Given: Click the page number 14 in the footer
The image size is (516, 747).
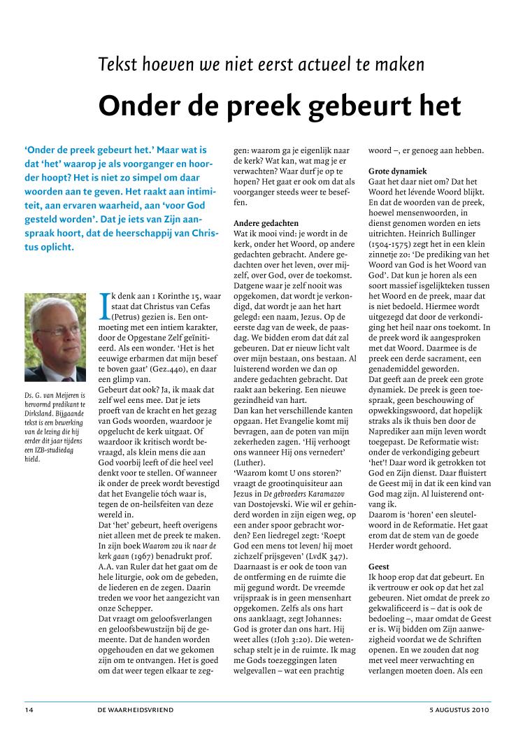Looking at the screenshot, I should pos(29,710).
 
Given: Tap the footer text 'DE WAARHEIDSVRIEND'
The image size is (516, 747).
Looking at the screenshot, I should pos(136,710).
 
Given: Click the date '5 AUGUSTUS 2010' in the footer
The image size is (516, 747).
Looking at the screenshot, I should pos(460,710).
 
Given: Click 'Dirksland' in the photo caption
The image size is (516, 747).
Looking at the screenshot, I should pos(41,414).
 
